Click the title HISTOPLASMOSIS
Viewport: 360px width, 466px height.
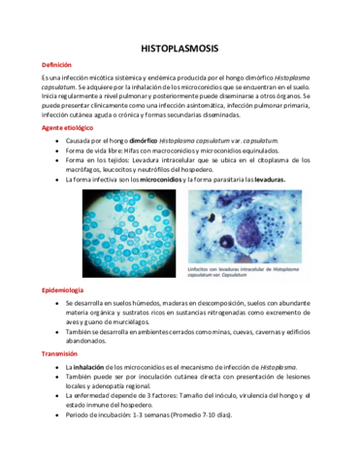pos(180,47)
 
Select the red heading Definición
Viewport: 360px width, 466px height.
pos(55,65)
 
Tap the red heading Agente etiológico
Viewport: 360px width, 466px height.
pos(68,127)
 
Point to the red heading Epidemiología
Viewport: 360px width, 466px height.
pos(62,290)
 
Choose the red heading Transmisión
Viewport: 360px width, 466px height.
pos(59,354)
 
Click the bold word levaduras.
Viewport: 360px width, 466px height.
pos(261,180)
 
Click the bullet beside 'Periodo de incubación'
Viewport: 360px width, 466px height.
pos(56,415)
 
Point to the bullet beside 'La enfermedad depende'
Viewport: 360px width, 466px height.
pos(56,396)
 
